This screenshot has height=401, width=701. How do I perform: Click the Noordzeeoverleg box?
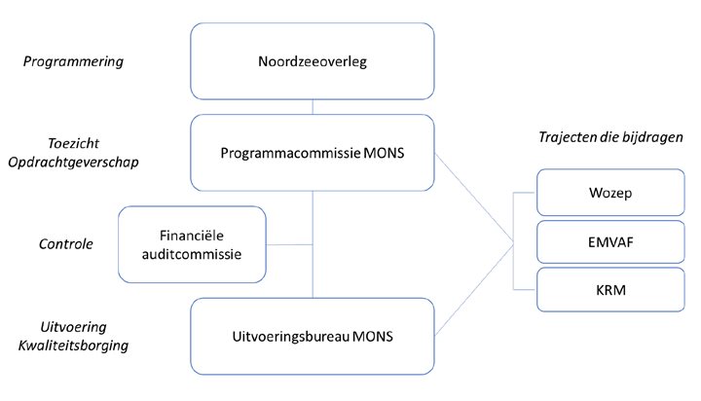point(312,61)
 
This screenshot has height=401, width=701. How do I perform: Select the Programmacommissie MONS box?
point(312,153)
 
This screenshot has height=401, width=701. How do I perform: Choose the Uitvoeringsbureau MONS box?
point(312,336)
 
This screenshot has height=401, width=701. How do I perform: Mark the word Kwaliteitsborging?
point(75,346)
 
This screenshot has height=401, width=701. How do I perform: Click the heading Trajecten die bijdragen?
point(611,137)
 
